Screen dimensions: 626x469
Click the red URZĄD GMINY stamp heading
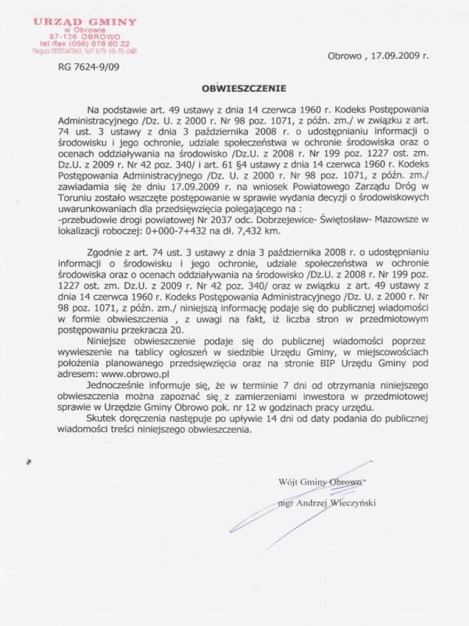click(85, 22)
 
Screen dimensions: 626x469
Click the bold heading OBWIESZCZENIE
click(244, 88)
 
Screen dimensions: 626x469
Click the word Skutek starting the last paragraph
click(101, 419)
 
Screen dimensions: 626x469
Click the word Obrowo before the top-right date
click(345, 55)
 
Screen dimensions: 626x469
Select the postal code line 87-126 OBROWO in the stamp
click(85, 37)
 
